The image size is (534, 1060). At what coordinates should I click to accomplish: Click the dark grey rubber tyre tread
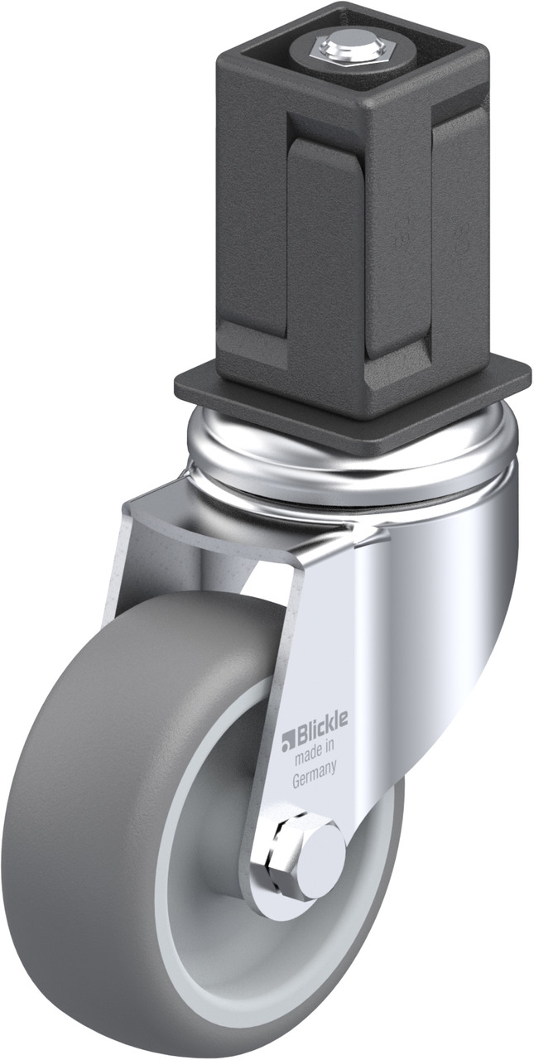(85, 804)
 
